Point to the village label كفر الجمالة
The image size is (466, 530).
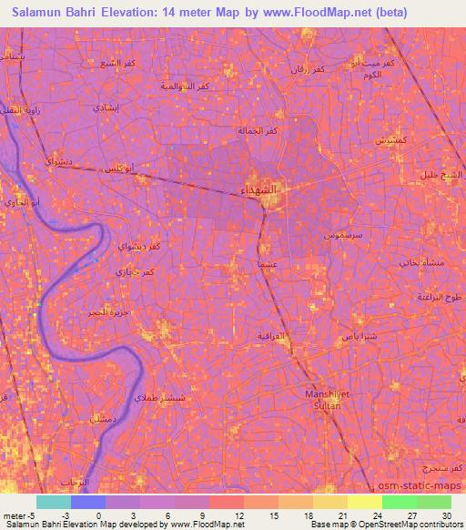click(255, 131)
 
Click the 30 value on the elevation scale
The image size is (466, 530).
click(446, 515)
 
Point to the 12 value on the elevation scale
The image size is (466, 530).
click(239, 515)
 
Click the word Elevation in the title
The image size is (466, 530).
click(128, 13)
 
